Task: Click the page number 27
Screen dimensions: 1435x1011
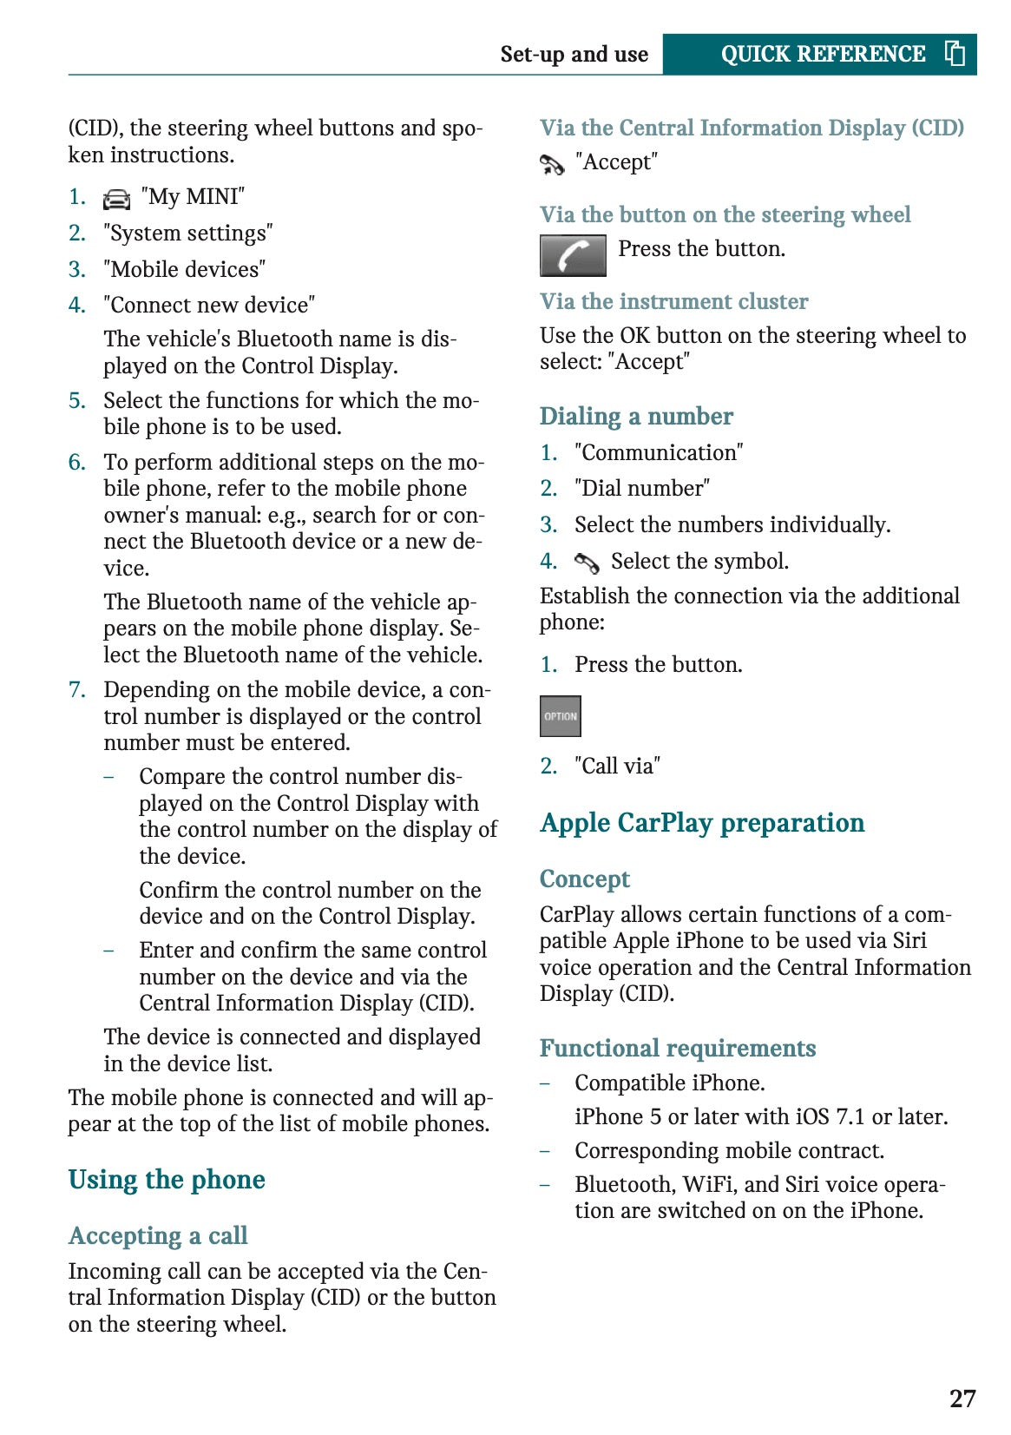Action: coord(962,1398)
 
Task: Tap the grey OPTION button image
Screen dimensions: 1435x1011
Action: coord(560,716)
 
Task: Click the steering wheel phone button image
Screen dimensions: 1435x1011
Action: coord(573,255)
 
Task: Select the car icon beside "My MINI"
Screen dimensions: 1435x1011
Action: coord(116,199)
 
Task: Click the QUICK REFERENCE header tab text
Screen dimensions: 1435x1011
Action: coord(823,54)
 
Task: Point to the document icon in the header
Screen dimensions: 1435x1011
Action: coord(955,54)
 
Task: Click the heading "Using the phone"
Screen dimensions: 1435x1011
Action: coord(167,1180)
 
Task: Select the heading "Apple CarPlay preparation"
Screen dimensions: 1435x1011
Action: coord(702,823)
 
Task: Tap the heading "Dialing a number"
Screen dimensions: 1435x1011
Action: coord(636,417)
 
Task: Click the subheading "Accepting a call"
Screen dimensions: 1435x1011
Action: coord(158,1235)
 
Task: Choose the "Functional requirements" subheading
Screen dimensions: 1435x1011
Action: coord(678,1049)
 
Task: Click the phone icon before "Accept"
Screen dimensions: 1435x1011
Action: coord(552,163)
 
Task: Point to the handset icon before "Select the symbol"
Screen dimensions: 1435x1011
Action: coord(587,563)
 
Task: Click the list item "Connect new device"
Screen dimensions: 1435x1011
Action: coord(209,306)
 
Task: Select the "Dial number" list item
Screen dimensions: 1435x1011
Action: coord(642,489)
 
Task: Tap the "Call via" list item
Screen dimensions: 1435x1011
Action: coord(617,766)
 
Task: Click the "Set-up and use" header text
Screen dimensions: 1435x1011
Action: coord(574,55)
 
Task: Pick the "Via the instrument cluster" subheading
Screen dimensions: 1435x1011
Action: coord(673,301)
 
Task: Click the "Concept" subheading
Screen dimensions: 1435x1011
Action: coord(584,879)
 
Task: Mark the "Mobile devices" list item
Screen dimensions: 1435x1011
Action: coord(184,270)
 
